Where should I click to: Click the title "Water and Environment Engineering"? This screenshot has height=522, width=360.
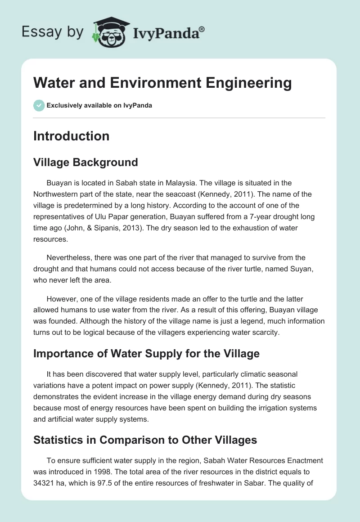pyautogui.click(x=162, y=83)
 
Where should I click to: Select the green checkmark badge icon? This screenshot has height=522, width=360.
pyautogui.click(x=38, y=105)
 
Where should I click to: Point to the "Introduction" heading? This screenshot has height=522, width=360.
pyautogui.click(x=71, y=136)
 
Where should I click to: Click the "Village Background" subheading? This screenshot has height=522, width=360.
pyautogui.click(x=85, y=162)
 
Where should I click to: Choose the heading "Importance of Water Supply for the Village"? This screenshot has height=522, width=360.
pyautogui.click(x=146, y=353)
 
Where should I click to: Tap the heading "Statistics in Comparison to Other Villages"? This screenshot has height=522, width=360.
pyautogui.click(x=145, y=440)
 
